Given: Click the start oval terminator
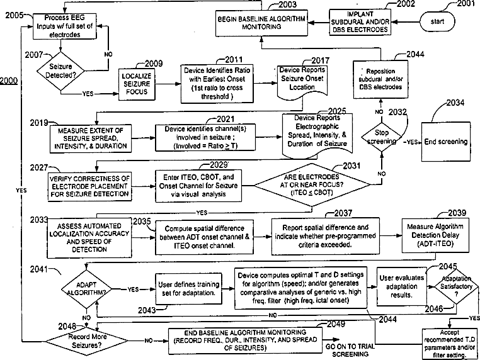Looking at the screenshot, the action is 437,21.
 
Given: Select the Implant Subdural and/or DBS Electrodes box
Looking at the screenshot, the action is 360,22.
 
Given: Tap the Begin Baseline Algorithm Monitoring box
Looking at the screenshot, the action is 261,23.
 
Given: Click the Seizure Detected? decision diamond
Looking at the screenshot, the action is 60,71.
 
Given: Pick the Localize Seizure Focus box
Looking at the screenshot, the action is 137,84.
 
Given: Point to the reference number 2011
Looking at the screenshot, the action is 234,59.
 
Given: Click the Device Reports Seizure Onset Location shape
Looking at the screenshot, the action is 302,82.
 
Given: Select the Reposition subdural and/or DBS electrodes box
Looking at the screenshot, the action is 380,79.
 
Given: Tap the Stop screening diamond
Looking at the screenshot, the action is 382,137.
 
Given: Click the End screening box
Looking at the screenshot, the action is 446,142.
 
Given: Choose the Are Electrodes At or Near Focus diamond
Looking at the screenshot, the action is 312,185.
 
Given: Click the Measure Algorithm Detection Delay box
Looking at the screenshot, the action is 435,235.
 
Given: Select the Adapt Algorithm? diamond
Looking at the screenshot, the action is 86,289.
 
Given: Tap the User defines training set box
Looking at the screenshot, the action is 188,289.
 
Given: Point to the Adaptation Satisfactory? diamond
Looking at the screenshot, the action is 456,286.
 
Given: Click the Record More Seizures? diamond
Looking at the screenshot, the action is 88,340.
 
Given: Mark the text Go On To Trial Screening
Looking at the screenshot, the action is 350,350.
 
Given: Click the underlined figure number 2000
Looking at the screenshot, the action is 9,81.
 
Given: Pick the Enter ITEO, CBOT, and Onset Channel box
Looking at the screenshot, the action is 198,186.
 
